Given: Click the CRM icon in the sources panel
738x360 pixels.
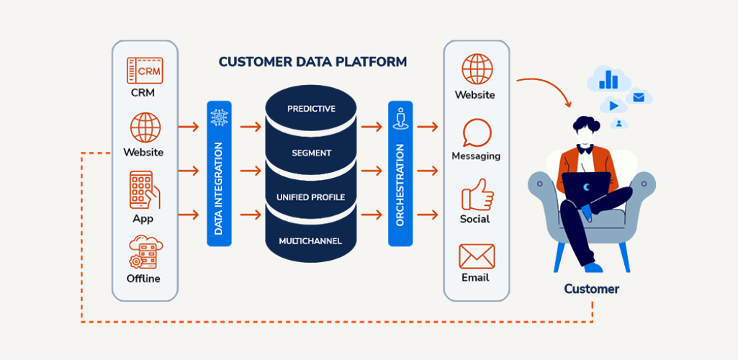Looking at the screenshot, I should pyautogui.click(x=145, y=71).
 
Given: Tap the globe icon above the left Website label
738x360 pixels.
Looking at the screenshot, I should pyautogui.click(x=145, y=127).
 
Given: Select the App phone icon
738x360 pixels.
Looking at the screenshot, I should pyautogui.click(x=144, y=189).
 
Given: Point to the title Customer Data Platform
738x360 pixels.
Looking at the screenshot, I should pyautogui.click(x=312, y=62).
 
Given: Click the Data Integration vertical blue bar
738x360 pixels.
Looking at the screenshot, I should pyautogui.click(x=219, y=174).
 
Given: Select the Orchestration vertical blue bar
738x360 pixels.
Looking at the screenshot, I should pyautogui.click(x=400, y=174).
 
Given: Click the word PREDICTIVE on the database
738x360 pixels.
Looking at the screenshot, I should pyautogui.click(x=311, y=109).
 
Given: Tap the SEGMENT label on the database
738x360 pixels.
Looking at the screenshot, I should pyautogui.click(x=311, y=153).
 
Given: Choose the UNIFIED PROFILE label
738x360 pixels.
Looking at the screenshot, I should pyautogui.click(x=311, y=197).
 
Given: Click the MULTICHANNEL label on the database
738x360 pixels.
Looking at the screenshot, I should pyautogui.click(x=311, y=240).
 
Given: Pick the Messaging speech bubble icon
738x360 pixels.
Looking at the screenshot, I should pyautogui.click(x=477, y=133).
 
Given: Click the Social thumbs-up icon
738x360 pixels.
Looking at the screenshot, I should pyautogui.click(x=476, y=194).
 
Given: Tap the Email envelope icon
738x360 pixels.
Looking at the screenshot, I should pyautogui.click(x=477, y=256).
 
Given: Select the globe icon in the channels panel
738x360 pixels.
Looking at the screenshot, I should pyautogui.click(x=477, y=70).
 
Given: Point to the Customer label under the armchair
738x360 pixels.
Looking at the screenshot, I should pyautogui.click(x=591, y=289).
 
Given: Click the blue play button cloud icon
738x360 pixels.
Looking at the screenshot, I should pyautogui.click(x=613, y=105).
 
